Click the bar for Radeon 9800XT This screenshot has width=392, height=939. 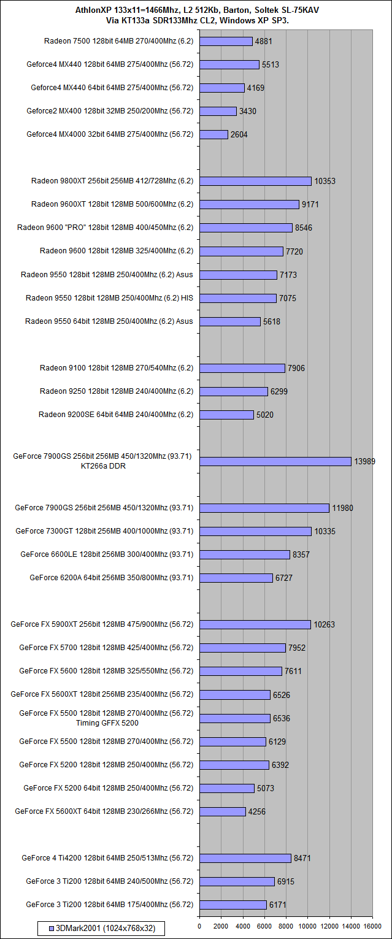tap(255, 181)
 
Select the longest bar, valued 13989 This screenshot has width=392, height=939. tap(275, 461)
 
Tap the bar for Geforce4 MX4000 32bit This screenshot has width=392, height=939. tap(213, 134)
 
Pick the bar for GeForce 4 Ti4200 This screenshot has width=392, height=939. tap(245, 858)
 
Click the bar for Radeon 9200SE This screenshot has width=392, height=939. tap(226, 415)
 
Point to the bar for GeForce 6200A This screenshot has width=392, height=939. tap(236, 578)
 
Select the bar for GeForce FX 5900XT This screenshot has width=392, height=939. tap(255, 624)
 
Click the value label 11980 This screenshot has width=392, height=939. tap(342, 508)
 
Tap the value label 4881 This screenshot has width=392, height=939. tap(263, 41)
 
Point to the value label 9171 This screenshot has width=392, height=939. tap(310, 204)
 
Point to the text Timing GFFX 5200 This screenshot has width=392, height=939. tap(107, 722)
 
